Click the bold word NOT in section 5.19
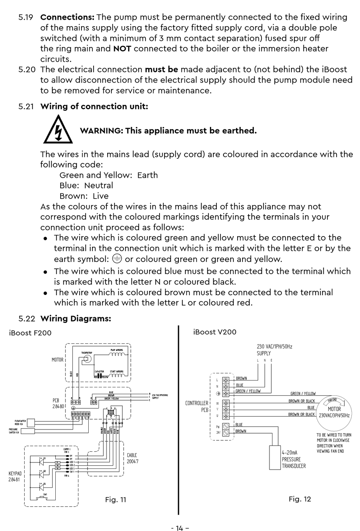tap(122, 49)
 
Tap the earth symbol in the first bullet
tap(117, 259)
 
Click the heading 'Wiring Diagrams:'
tap(76, 318)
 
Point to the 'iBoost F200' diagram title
tap(30, 333)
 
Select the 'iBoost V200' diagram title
tap(215, 332)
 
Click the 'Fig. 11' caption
tap(116, 500)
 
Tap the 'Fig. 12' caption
tap(300, 499)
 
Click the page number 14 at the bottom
tap(180, 528)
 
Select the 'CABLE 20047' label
tap(132, 458)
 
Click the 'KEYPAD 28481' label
tap(15, 476)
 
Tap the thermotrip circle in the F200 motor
tap(87, 359)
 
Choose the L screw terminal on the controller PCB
tap(226, 380)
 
